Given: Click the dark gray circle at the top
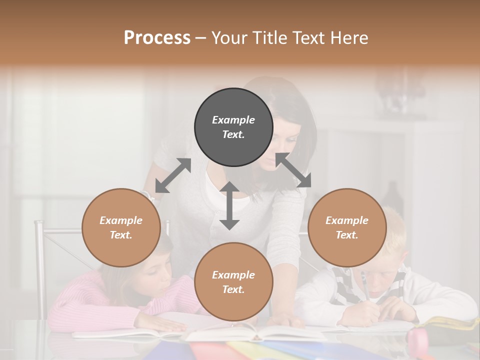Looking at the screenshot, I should click(x=233, y=127).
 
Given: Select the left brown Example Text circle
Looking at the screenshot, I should click(x=121, y=227).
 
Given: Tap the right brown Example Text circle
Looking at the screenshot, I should click(x=347, y=227).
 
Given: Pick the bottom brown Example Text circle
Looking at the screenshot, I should click(x=233, y=282).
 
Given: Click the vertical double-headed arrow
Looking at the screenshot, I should click(x=229, y=205).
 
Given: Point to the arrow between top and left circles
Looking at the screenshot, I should click(x=173, y=175).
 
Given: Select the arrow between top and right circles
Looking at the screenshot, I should click(x=293, y=170).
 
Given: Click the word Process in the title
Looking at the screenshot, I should click(x=157, y=37).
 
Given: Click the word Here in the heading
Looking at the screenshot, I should click(x=349, y=37).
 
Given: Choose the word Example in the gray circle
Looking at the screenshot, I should click(x=233, y=120).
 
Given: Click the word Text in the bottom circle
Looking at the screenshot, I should click(x=233, y=289).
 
